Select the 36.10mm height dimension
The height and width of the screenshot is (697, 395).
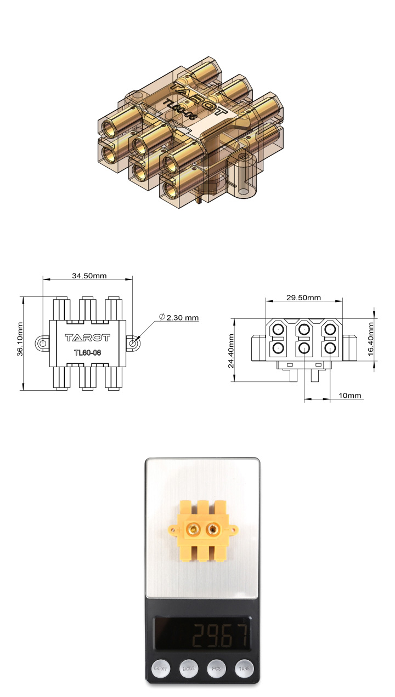(x=19, y=343)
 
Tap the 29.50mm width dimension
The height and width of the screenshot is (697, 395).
(x=303, y=298)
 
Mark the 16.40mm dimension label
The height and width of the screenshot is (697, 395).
(x=371, y=338)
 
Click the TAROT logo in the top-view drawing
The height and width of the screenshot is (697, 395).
(x=88, y=338)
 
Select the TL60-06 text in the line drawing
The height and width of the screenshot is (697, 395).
(x=88, y=352)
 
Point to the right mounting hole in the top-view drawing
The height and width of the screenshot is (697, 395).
(x=134, y=343)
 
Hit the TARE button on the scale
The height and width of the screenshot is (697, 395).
(x=244, y=669)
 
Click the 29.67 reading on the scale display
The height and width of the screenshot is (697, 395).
(x=220, y=636)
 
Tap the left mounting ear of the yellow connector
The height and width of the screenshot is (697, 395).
(x=172, y=530)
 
